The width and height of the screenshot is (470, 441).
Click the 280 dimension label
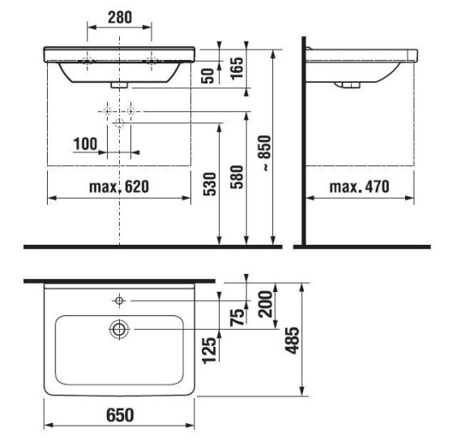pyautogui.click(x=120, y=17)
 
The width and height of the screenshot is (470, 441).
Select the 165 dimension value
pyautogui.click(x=237, y=68)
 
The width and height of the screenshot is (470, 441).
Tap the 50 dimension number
pyautogui.click(x=208, y=76)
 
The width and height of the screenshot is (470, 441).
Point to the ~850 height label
pyautogui.click(x=265, y=153)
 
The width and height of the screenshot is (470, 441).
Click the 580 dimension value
pyautogui.click(x=237, y=177)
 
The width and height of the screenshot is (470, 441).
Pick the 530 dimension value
pyautogui.click(x=209, y=184)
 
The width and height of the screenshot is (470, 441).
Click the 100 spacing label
pyautogui.click(x=85, y=144)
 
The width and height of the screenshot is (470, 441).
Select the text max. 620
pyautogui.click(x=119, y=186)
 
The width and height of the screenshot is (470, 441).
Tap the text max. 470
pyautogui.click(x=360, y=186)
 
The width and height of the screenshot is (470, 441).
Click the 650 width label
pyautogui.click(x=120, y=415)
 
